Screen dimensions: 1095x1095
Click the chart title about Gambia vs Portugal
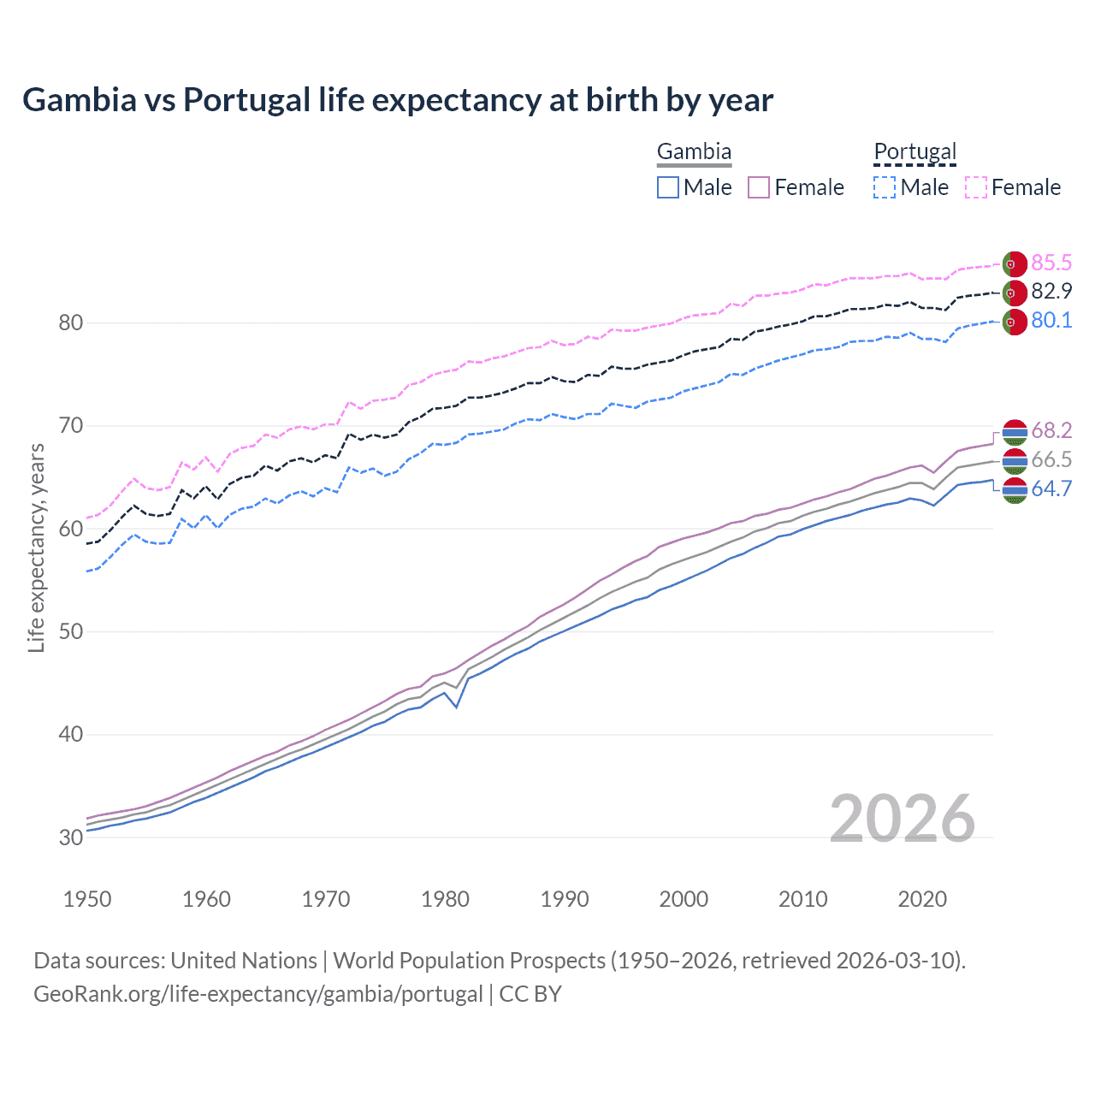[x=398, y=100]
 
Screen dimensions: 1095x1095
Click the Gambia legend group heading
[x=694, y=152]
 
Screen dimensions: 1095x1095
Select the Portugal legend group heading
[x=914, y=152]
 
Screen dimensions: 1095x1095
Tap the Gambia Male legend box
[x=668, y=187]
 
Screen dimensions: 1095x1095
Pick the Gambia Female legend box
[x=759, y=187]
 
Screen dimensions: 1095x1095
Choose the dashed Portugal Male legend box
[x=885, y=187]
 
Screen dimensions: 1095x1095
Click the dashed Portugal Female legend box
[x=976, y=187]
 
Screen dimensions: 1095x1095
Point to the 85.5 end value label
[x=1051, y=263]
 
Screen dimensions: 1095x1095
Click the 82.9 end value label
[x=1051, y=291]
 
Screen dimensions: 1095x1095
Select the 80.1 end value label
[x=1051, y=320]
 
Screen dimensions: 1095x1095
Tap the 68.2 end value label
[x=1051, y=430]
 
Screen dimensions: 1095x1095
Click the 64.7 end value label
[x=1051, y=488]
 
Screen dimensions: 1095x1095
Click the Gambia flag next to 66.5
[x=1015, y=460]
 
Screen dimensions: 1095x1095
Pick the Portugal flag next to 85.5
[x=1015, y=263]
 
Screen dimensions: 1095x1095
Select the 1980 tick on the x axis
[x=445, y=899]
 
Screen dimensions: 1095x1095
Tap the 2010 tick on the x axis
[x=802, y=899]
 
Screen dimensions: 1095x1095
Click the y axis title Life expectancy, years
[x=36, y=547]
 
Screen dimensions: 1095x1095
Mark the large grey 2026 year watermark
[x=902, y=819]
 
